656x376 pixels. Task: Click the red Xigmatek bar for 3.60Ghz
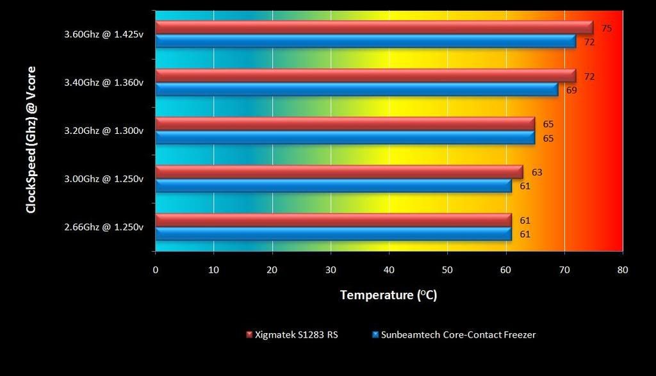374,28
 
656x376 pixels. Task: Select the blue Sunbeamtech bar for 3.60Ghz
365,42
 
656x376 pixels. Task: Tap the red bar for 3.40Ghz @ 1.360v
365,76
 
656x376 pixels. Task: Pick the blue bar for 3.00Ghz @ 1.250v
333,186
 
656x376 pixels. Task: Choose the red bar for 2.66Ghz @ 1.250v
333,220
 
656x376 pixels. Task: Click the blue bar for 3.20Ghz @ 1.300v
345,138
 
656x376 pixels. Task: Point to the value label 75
607,28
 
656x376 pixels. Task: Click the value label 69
571,90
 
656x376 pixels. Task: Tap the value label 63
537,172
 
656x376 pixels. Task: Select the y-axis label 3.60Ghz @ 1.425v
104,35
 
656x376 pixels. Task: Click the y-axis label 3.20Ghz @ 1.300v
104,131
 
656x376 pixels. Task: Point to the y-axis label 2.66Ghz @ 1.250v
104,227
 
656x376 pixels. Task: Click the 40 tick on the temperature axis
389,270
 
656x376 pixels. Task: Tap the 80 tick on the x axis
622,270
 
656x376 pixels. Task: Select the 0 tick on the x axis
156,270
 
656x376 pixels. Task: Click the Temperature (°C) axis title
388,295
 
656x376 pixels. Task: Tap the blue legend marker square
375,334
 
